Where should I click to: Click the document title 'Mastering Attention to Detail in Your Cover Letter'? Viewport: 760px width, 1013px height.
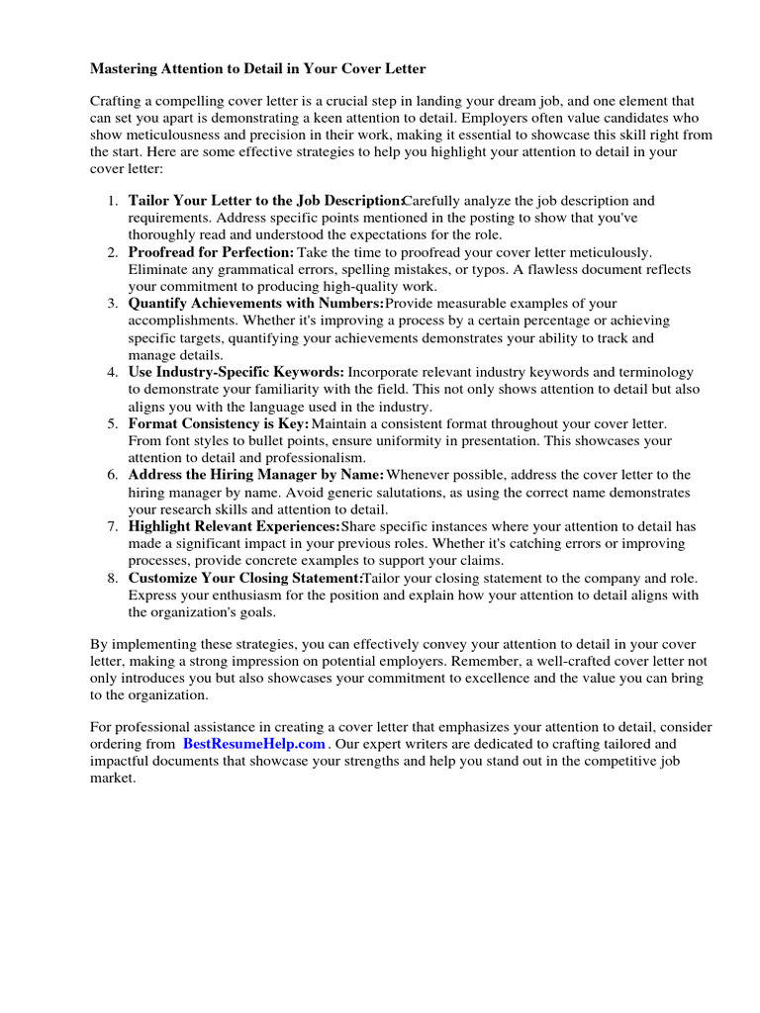[258, 69]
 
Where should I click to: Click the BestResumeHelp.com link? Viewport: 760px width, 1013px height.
[254, 744]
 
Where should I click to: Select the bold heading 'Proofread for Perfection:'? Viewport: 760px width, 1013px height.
[212, 253]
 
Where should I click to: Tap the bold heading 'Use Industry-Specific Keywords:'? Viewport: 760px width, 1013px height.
[237, 372]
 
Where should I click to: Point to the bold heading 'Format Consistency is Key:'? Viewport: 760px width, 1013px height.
[219, 423]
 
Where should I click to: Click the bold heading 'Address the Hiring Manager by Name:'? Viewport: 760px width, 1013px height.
[256, 475]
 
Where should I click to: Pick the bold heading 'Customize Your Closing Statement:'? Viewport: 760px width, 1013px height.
[245, 578]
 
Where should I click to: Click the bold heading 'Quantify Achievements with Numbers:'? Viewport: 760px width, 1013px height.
[256, 304]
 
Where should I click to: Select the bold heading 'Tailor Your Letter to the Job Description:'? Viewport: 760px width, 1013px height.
[266, 201]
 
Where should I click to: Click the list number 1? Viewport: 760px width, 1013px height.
[113, 201]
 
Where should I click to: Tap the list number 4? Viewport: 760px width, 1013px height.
[113, 372]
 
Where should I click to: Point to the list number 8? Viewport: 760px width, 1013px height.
[113, 578]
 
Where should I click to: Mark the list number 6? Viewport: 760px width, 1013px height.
[113, 475]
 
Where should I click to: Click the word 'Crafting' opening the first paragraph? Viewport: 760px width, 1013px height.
[118, 101]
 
